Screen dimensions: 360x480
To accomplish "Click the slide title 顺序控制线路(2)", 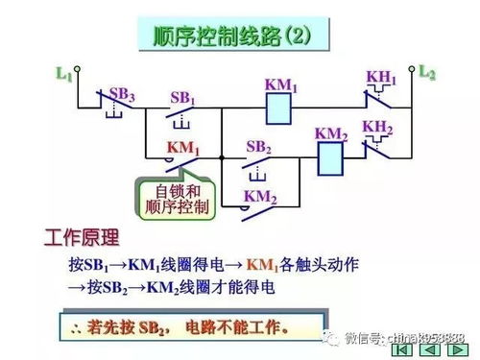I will pyautogui.click(x=241, y=36).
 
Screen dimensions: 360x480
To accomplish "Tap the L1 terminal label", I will pyautogui.click(x=64, y=72).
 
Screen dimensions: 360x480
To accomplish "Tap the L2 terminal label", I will pyautogui.click(x=428, y=72).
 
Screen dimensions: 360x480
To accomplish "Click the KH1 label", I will pyautogui.click(x=380, y=77).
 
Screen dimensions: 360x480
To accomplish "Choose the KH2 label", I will pyautogui.click(x=377, y=127).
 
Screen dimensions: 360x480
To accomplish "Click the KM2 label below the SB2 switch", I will pyautogui.click(x=259, y=197).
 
